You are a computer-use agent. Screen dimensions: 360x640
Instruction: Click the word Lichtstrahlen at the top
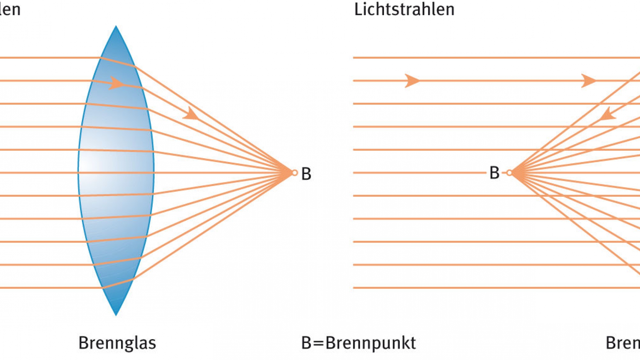coord(404,9)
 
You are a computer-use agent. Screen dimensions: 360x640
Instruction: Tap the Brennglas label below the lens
coord(117,343)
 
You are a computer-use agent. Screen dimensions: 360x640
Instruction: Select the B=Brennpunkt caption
coord(358,343)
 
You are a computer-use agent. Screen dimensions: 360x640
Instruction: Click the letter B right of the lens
coord(306,174)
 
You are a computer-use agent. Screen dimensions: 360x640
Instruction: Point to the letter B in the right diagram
coord(494,173)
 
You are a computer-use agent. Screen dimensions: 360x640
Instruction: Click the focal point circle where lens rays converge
coord(295,173)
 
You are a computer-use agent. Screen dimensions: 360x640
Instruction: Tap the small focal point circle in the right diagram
coord(509,173)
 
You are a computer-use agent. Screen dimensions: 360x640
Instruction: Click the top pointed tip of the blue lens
coord(116,27)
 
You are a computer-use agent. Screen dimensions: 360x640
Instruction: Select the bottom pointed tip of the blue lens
coord(116,314)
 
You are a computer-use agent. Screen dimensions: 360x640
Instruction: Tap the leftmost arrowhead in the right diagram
coord(412,81)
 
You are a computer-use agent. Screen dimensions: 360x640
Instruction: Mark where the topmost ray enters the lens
coord(101,58)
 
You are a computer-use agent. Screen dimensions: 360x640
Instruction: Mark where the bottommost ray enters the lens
coord(102,287)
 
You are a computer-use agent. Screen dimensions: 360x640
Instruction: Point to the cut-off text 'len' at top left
coord(10,9)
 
